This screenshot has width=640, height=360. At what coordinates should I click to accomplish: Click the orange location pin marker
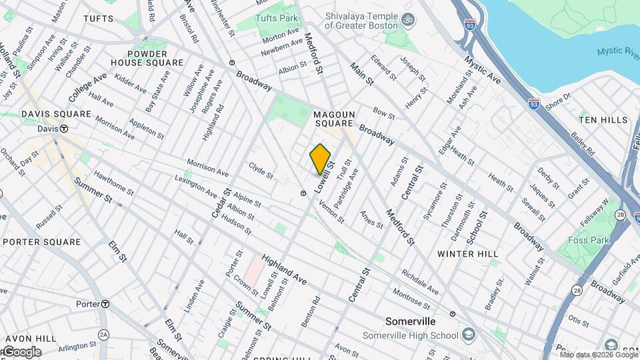pos(320,159)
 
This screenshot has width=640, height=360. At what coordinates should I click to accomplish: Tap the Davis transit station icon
pos(65,129)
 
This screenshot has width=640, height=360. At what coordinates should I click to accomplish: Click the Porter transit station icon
pos(105,304)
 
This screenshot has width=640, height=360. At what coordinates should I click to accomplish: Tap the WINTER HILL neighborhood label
pos(468,254)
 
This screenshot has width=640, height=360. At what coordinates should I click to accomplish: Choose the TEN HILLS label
pos(603,120)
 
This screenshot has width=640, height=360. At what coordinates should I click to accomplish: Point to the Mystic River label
pos(617,51)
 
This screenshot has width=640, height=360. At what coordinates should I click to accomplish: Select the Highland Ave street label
pos(284,270)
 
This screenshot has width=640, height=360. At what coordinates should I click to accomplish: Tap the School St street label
pos(477,227)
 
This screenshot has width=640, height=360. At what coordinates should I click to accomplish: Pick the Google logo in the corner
pos(21,352)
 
